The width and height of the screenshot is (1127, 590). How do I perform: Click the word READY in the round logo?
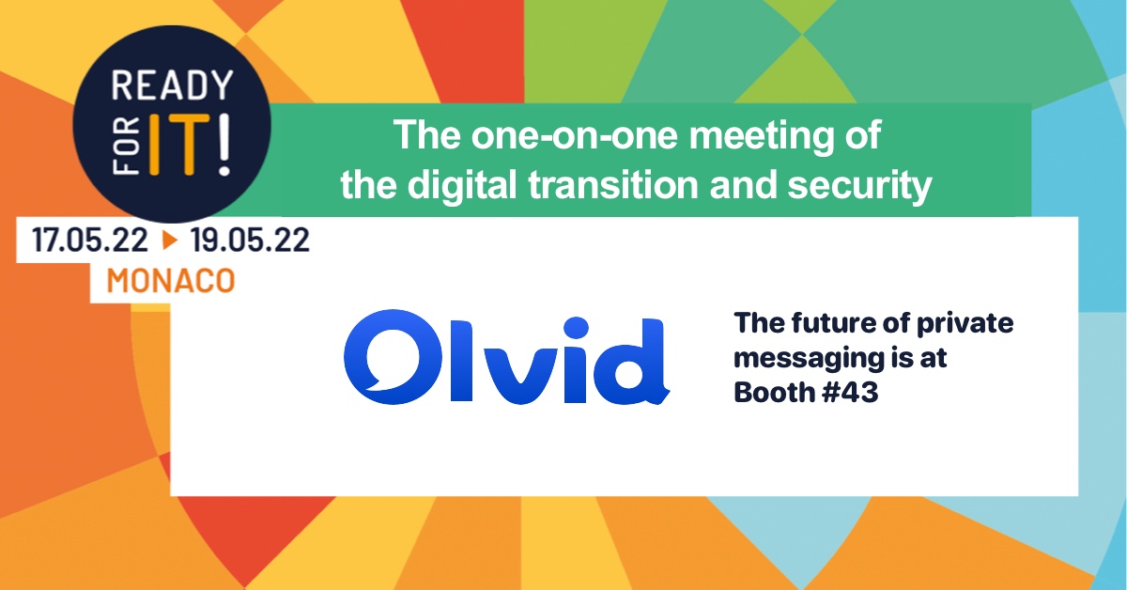point(172,85)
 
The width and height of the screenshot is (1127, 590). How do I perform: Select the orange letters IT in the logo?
point(179,146)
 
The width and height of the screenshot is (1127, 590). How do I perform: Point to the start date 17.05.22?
point(90,241)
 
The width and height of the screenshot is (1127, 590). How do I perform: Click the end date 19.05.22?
point(250,241)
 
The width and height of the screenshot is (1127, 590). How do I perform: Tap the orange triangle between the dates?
point(170,241)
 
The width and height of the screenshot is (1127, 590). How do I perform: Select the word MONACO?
point(171,280)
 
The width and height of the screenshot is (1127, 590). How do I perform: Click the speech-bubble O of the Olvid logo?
point(393,357)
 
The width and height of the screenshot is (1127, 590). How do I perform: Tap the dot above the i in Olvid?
point(576,328)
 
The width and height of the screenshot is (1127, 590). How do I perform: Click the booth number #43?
point(849,392)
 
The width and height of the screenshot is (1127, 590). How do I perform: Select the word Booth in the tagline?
point(773,392)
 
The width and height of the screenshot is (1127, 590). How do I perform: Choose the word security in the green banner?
point(860,186)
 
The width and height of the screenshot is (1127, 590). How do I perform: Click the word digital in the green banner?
point(462,186)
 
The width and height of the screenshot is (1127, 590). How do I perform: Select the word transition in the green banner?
point(613,184)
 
